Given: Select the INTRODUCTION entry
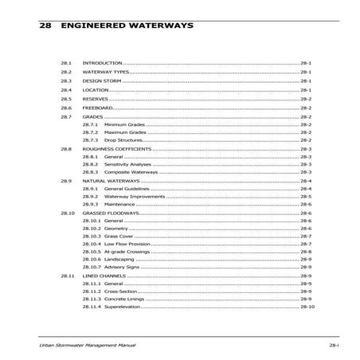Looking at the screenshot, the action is coord(103,62).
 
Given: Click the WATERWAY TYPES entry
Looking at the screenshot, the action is coord(106,72).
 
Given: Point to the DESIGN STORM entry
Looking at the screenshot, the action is coord(102,80).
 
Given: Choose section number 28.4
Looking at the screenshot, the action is coord(66,90).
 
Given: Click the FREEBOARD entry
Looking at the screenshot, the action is coord(98,108).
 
